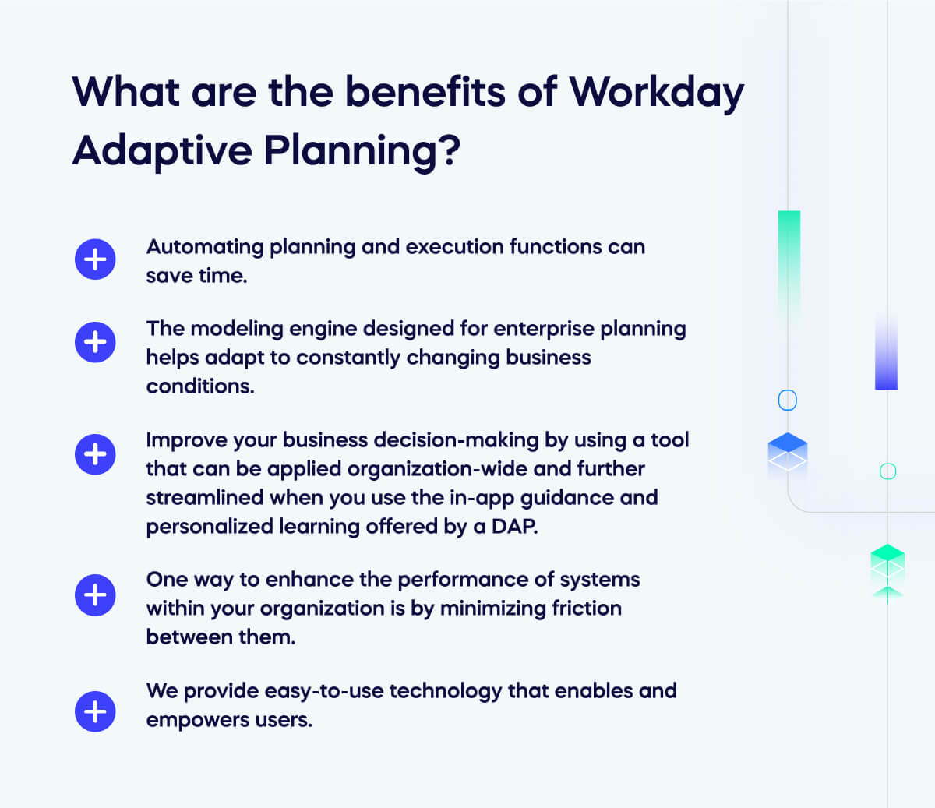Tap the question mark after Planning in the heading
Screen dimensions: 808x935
(x=450, y=150)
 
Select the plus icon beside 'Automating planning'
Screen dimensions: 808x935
(x=95, y=259)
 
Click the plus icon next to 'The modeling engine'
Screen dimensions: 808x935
(x=95, y=342)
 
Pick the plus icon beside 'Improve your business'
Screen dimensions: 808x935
(x=95, y=454)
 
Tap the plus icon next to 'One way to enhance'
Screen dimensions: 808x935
(x=95, y=595)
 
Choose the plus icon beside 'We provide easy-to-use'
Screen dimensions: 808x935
(x=95, y=711)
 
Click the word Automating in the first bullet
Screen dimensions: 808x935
(x=205, y=247)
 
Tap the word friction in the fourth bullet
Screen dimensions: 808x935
(x=586, y=609)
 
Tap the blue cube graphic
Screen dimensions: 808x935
(x=788, y=453)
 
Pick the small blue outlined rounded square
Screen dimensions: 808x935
(x=788, y=400)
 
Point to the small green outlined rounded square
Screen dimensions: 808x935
(x=887, y=471)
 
